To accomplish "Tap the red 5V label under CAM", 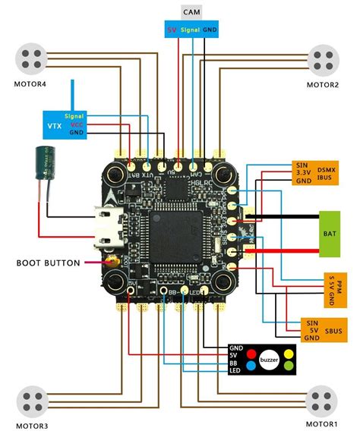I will pyautogui.click(x=171, y=30).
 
